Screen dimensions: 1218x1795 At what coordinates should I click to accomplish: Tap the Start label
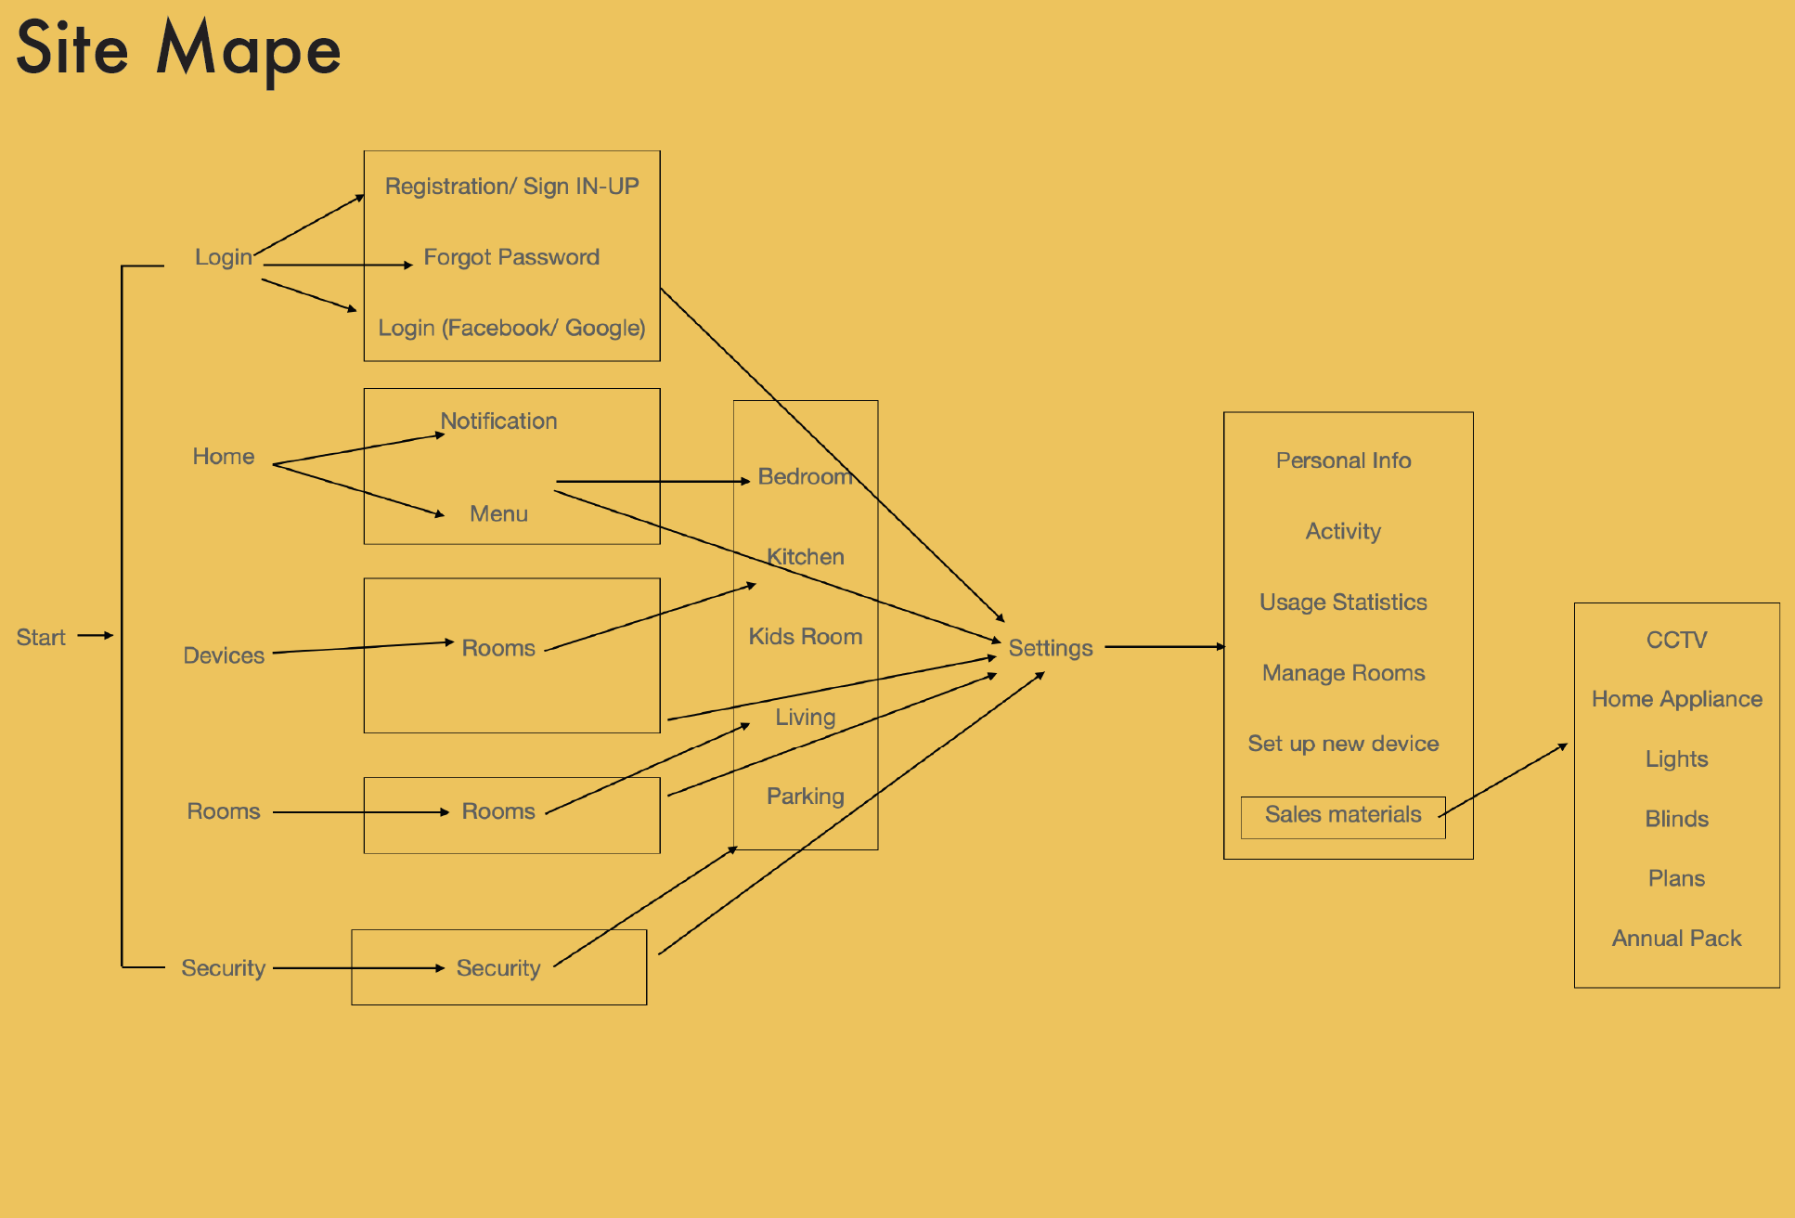pyautogui.click(x=41, y=638)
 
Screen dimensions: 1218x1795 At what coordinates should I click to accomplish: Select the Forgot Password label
pyautogui.click(x=511, y=257)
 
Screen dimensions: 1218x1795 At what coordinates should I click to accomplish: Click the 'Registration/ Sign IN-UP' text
pyautogui.click(x=511, y=187)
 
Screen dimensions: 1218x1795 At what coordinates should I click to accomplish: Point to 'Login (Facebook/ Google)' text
pyautogui.click(x=511, y=328)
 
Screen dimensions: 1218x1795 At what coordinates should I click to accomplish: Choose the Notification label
pyautogui.click(x=498, y=421)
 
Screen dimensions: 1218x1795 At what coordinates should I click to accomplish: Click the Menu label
pyautogui.click(x=498, y=514)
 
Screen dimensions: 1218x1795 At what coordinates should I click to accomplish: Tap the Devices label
pyautogui.click(x=224, y=655)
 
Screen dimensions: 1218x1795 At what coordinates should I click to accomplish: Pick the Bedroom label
pyautogui.click(x=805, y=477)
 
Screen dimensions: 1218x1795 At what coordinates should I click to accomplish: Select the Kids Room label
pyautogui.click(x=805, y=637)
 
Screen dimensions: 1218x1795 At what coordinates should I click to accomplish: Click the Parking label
pyautogui.click(x=805, y=797)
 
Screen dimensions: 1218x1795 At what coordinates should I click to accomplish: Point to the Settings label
pyautogui.click(x=1051, y=648)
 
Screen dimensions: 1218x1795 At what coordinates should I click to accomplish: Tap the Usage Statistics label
pyautogui.click(x=1343, y=603)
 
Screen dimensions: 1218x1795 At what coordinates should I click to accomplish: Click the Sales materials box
pyautogui.click(x=1343, y=816)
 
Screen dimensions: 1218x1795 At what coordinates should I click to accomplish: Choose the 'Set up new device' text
pyautogui.click(x=1343, y=744)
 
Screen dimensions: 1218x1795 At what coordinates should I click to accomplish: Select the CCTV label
pyautogui.click(x=1676, y=640)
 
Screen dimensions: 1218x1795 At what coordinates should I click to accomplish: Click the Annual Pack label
pyautogui.click(x=1676, y=939)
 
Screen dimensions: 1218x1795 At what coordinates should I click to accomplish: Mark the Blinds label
pyautogui.click(x=1676, y=819)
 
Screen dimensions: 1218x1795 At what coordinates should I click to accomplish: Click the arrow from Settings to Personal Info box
pyautogui.click(x=1165, y=646)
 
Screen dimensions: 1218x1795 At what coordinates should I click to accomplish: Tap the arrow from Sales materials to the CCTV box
pyautogui.click(x=1504, y=780)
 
